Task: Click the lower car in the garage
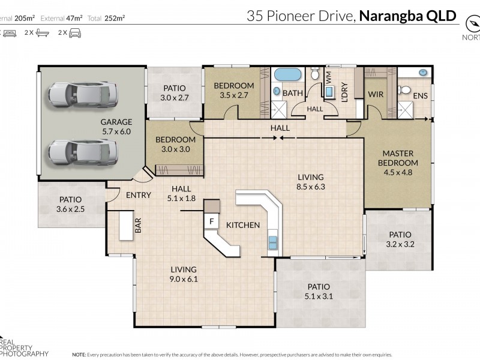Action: [82, 151]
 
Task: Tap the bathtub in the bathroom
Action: [288, 76]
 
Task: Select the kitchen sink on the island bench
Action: [273, 241]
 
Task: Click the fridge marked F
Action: [211, 221]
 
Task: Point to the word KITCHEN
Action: [243, 225]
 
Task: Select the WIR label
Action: [376, 95]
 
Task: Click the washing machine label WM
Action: [329, 77]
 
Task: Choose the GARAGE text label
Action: [116, 122]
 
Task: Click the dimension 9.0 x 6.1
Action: [183, 279]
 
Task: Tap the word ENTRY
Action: [138, 195]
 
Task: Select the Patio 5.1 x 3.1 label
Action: [319, 291]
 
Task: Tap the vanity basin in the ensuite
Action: [423, 73]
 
